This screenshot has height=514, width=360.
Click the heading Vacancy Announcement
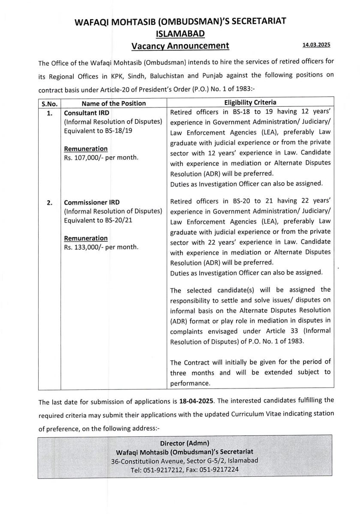click(x=180, y=46)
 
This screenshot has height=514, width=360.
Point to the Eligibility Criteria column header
click(x=250, y=103)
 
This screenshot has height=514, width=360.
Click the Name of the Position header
click(x=114, y=103)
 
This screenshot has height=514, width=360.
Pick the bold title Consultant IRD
click(x=87, y=113)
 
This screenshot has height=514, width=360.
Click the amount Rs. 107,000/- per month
click(x=101, y=158)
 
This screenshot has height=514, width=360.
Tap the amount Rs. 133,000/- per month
click(x=101, y=247)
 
